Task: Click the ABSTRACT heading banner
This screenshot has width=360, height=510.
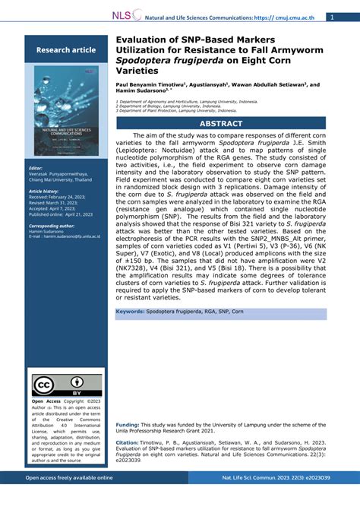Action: (221, 122)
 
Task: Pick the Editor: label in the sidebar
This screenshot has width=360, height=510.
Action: (36, 167)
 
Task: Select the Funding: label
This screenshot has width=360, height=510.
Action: (128, 424)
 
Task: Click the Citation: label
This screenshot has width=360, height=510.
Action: (127, 442)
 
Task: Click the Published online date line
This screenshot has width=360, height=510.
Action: (60, 215)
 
